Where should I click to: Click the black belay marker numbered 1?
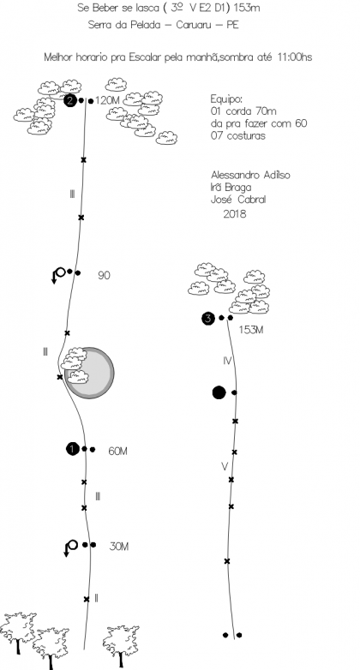[73, 449]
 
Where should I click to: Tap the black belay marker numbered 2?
[70, 101]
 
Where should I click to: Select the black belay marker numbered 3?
[207, 319]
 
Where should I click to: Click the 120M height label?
[107, 101]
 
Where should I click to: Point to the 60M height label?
[117, 452]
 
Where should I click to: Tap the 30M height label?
[119, 547]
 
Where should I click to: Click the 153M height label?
[250, 330]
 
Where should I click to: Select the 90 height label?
[104, 276]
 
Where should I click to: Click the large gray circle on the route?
[89, 373]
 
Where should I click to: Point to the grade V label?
[225, 467]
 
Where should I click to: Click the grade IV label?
[227, 361]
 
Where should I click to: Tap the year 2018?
[235, 213]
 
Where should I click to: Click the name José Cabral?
[238, 200]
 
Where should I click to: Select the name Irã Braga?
[231, 187]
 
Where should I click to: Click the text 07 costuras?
[238, 136]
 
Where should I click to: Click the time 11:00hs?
[295, 57]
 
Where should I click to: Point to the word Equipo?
[226, 99]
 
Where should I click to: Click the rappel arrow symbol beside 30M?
[70, 548]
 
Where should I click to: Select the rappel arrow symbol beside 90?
[58, 276]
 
